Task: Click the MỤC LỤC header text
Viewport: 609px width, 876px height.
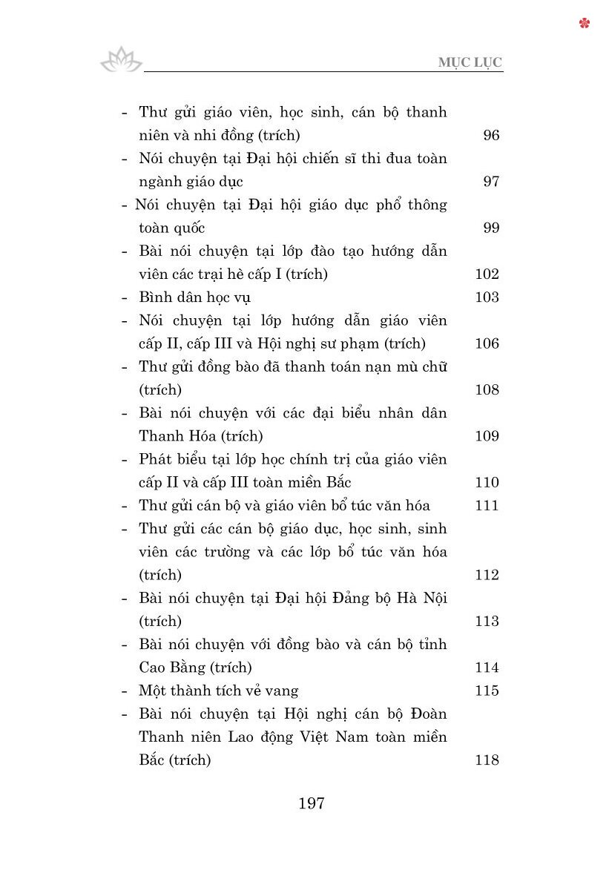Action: point(470,62)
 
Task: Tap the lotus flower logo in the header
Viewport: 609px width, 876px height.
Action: point(121,60)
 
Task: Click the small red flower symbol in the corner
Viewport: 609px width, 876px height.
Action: point(585,23)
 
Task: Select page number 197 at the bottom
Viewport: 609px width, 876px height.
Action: point(311,803)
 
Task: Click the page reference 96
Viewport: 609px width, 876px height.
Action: point(491,135)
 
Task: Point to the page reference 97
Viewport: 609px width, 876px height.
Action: point(491,181)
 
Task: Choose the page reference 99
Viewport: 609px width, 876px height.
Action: point(491,228)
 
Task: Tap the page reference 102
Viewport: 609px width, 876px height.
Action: point(487,274)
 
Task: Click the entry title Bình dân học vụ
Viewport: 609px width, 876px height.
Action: point(195,297)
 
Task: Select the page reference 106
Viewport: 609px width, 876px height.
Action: point(487,343)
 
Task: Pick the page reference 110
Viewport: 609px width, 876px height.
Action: point(487,482)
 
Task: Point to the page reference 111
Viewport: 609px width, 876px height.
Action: point(487,505)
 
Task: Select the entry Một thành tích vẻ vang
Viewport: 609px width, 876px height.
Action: point(219,691)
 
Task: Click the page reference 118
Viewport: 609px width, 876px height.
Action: point(487,760)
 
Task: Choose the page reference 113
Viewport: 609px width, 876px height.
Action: point(487,621)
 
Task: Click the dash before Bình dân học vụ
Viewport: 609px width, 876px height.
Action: point(125,297)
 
